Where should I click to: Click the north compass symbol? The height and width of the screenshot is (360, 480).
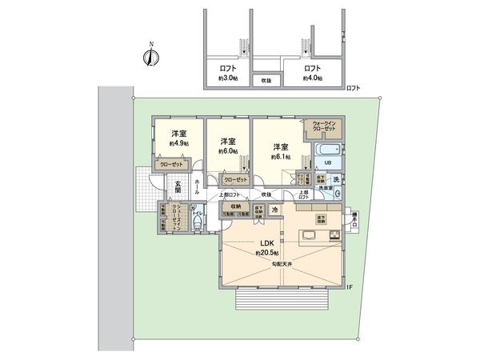pyautogui.click(x=150, y=56)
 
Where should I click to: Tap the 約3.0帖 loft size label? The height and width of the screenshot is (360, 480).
pyautogui.click(x=227, y=78)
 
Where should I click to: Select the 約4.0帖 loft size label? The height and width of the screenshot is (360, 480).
pyautogui.click(x=313, y=78)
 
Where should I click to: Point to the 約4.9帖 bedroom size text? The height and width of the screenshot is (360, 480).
pyautogui.click(x=178, y=143)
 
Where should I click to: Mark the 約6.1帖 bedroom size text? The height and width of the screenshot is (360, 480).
pyautogui.click(x=279, y=157)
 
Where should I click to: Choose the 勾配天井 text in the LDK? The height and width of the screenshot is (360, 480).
pyautogui.click(x=282, y=265)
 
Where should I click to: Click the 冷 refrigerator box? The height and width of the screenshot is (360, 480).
pyautogui.click(x=275, y=210)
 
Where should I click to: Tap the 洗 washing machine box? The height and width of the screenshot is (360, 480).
pyautogui.click(x=337, y=178)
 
